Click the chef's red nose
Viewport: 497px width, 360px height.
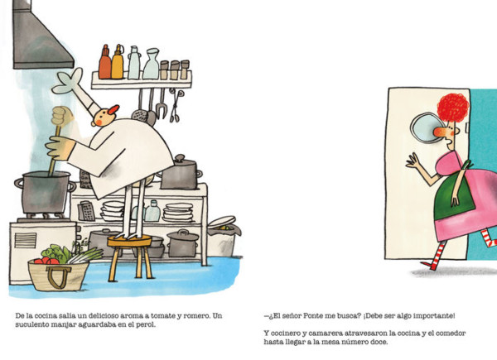coord(113,109)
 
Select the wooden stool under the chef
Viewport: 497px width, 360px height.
coord(130,257)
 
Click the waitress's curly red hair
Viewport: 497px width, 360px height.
coord(453,107)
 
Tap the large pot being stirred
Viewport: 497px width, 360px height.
coord(45,192)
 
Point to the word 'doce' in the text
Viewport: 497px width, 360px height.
coord(379,342)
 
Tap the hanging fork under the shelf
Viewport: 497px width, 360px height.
coord(162,104)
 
